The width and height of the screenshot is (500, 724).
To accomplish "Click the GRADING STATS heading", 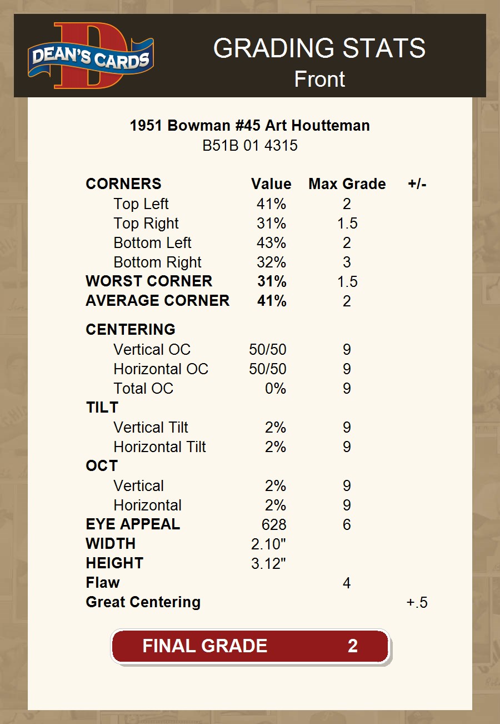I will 319,48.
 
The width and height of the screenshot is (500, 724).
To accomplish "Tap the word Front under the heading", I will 319,79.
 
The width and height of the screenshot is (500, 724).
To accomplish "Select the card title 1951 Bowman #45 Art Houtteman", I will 250,125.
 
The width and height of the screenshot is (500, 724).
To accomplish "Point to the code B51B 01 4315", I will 250,146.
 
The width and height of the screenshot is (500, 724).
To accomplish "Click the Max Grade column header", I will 347,184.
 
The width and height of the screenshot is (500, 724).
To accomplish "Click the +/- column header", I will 417,184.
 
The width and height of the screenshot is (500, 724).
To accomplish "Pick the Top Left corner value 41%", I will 271,204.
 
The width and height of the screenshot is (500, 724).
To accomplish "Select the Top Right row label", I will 146,224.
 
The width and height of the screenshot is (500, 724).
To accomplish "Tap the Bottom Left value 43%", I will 271,243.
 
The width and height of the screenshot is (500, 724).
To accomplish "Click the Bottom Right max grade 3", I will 347,262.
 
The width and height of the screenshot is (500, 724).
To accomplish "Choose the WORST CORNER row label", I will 149,281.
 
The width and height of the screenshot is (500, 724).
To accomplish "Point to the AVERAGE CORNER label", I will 157,301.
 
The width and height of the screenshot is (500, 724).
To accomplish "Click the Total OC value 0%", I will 275,388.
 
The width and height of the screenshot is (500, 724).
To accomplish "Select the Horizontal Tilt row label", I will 159,447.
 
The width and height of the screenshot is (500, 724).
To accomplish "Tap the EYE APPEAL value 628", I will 274,524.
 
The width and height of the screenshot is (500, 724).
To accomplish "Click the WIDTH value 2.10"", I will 268,544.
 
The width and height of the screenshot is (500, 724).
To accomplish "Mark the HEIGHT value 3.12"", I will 268,563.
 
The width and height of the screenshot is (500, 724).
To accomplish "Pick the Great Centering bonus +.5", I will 417,602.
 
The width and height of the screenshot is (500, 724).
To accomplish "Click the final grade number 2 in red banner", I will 352,646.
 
